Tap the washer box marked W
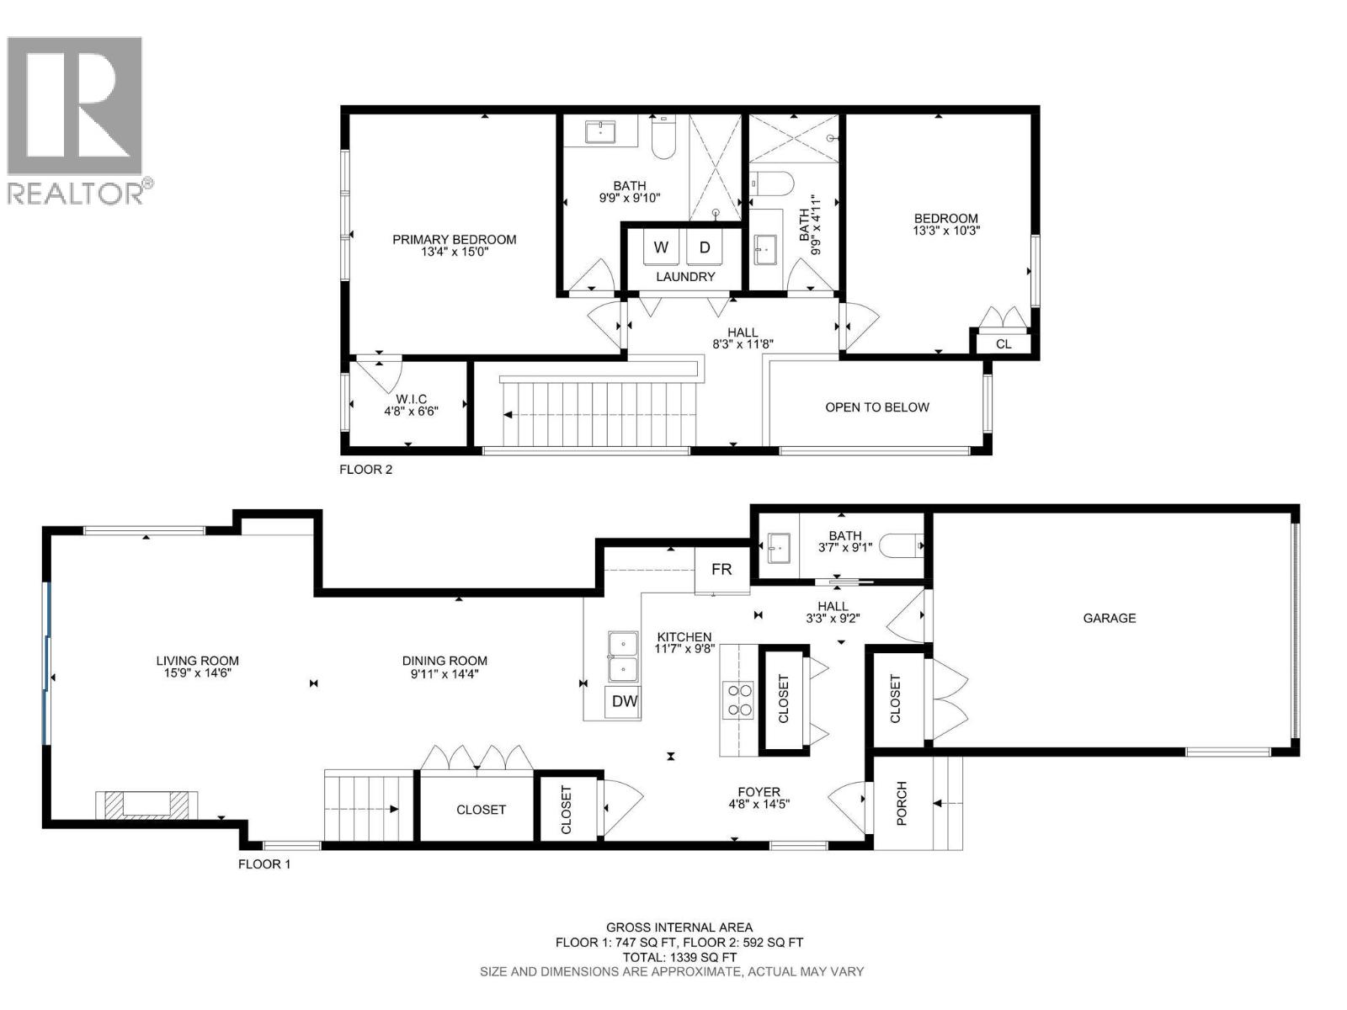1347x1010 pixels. coord(662,247)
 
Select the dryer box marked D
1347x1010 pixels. coord(705,247)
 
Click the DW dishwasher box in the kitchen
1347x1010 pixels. coord(624,702)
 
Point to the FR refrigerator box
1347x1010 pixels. coord(721,570)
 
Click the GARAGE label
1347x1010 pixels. coord(1109,618)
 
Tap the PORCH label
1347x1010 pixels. coord(902,803)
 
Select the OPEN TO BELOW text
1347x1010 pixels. coord(876,407)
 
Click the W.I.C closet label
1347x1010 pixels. coord(412,398)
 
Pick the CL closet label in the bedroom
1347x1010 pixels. coord(1004,344)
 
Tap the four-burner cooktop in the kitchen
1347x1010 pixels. coord(739,700)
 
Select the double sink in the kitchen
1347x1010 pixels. coord(624,656)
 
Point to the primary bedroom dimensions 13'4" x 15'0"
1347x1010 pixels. coord(454,252)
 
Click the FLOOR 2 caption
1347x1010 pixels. coord(365,470)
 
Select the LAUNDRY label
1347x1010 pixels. coord(685,276)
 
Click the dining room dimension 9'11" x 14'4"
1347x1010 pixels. coord(445,673)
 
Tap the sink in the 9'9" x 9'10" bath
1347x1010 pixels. coord(600,131)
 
